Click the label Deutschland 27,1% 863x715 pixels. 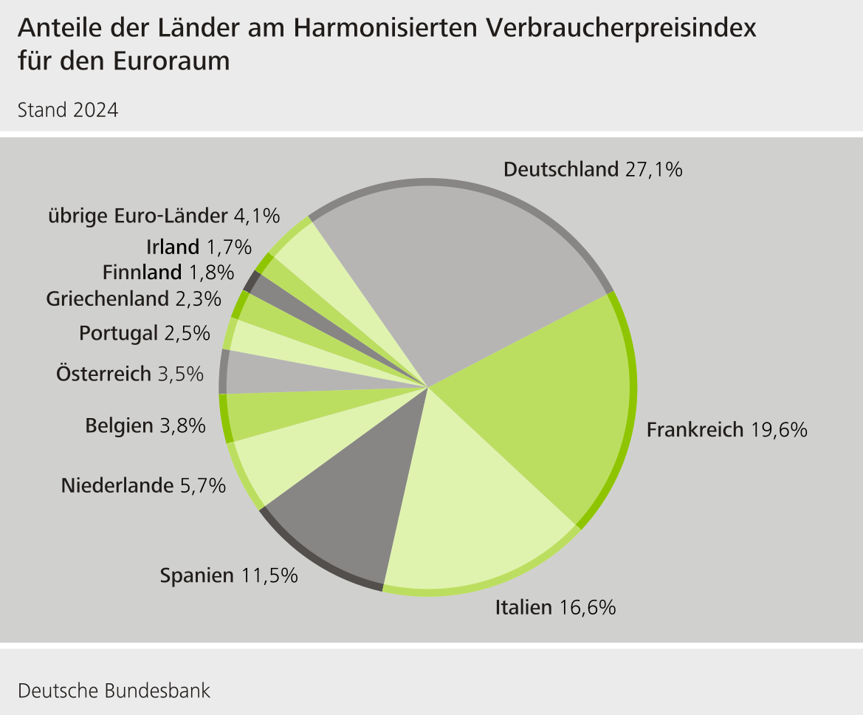tap(593, 170)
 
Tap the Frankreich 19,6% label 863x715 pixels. tap(726, 430)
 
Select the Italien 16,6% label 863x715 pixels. tap(555, 608)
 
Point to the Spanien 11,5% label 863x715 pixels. tap(229, 575)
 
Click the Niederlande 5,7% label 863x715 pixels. tap(143, 486)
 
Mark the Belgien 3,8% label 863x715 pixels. tap(145, 425)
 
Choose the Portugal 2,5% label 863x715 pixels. tap(140, 334)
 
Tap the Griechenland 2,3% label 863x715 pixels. tap(133, 299)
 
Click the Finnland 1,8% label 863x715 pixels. tap(168, 273)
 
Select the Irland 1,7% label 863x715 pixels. tap(199, 247)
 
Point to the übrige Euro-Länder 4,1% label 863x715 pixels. tap(164, 216)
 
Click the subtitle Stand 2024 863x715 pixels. tap(67, 111)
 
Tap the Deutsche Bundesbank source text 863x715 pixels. tap(114, 691)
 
